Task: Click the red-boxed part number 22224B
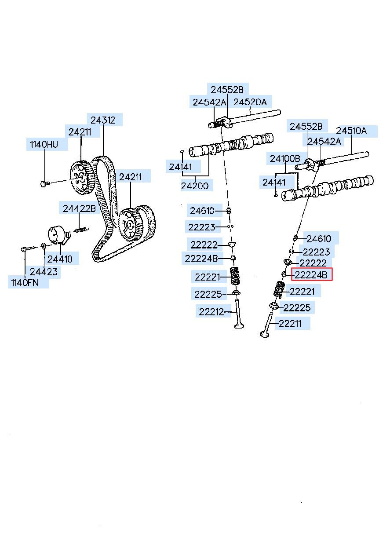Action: (x=311, y=275)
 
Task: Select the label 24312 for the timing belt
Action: (x=103, y=120)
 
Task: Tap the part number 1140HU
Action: (x=44, y=144)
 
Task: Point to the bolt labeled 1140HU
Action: (x=45, y=184)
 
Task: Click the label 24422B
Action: (x=79, y=209)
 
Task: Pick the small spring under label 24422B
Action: (x=82, y=230)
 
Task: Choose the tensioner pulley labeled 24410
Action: (x=58, y=235)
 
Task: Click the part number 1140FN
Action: (x=25, y=283)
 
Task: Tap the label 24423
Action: (x=44, y=272)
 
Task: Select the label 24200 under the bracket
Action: (x=195, y=186)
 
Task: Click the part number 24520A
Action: (x=250, y=102)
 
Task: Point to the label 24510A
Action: (x=351, y=131)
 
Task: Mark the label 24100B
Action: (x=285, y=158)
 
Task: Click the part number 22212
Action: (x=211, y=312)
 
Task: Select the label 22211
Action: (x=290, y=323)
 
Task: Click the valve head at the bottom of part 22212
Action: (x=239, y=326)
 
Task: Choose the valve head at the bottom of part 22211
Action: (x=265, y=334)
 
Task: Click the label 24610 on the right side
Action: (x=319, y=239)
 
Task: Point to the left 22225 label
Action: (x=208, y=294)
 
